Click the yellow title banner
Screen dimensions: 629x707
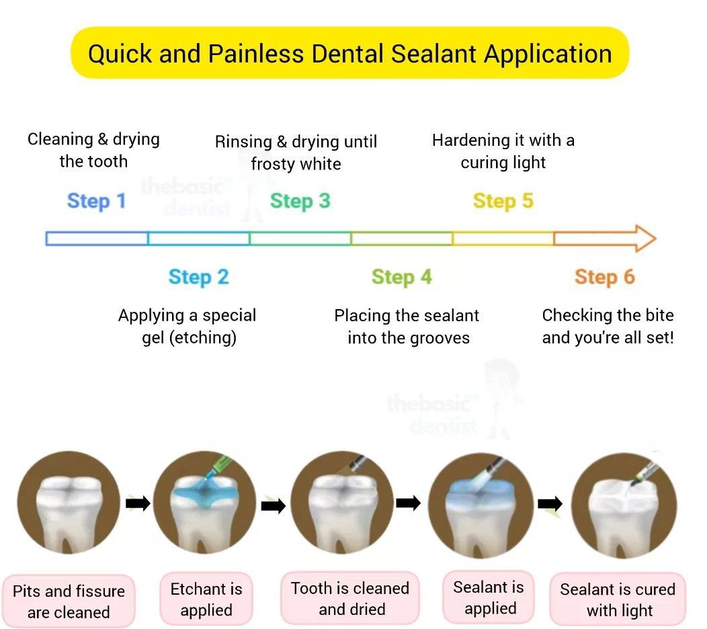coord(349,53)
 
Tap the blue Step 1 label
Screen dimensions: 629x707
coord(96,201)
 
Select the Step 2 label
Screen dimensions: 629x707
coord(198,277)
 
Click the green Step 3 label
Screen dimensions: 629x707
coord(300,201)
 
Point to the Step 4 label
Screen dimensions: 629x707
coord(401,277)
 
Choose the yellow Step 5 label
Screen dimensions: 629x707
coord(503,201)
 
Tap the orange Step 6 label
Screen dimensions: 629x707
coord(604,277)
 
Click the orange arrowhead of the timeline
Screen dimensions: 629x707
coord(642,239)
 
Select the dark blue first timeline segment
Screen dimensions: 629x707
coord(97,239)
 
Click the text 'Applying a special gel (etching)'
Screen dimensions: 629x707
coord(188,326)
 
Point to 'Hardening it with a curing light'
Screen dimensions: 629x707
coord(503,151)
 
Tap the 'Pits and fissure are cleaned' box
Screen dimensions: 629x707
coord(69,601)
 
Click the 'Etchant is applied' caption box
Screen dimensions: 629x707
coord(206,599)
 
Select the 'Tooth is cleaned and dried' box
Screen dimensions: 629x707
coord(349,598)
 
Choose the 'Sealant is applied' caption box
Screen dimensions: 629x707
coord(489,597)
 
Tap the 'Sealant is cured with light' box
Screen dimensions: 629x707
coord(618,599)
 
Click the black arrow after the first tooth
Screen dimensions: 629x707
coord(138,503)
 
